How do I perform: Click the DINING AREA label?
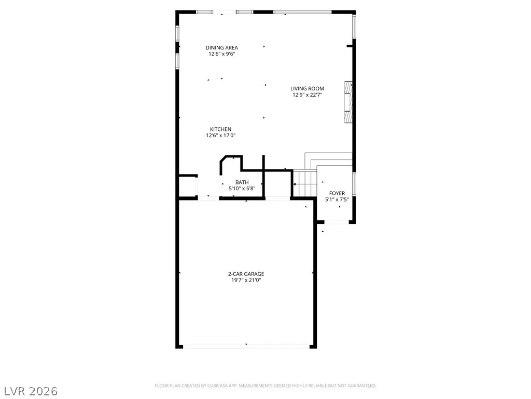(222, 48)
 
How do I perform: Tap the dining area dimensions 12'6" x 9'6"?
(222, 54)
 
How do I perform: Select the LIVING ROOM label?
(307, 88)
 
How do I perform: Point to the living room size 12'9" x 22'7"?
(307, 95)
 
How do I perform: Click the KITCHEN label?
(221, 129)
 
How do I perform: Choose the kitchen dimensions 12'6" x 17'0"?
(221, 136)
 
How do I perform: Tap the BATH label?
(242, 182)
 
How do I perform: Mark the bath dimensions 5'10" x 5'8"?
(242, 189)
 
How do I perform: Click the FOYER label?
(337, 193)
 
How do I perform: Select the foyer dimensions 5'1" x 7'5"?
(337, 199)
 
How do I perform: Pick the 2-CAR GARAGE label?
(246, 274)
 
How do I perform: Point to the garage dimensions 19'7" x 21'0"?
(246, 280)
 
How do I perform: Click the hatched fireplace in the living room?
(348, 102)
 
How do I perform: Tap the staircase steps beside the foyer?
(305, 183)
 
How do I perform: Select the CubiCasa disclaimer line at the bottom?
(265, 386)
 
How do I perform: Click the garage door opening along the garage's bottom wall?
(246, 347)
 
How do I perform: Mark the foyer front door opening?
(337, 222)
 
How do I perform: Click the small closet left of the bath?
(187, 186)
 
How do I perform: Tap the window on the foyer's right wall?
(354, 184)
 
